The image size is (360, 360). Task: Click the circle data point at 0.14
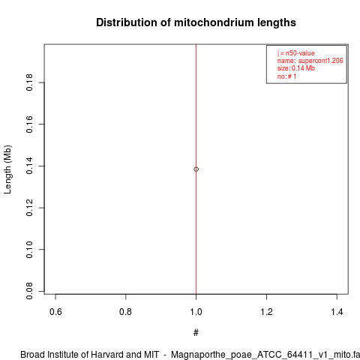196,169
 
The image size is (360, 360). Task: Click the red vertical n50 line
196,169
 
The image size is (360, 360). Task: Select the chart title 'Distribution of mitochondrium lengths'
196,22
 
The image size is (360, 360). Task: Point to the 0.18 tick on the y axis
29,82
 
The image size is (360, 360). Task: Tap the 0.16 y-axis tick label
29,124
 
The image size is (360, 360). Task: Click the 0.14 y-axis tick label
29,166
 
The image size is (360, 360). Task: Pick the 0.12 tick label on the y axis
29,208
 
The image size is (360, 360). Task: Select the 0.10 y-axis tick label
29,250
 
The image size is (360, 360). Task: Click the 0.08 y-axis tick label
29,291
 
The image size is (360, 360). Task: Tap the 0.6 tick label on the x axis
55,312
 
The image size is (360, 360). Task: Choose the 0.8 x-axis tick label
125,312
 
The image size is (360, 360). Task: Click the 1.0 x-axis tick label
196,312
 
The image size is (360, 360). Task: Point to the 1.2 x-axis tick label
267,312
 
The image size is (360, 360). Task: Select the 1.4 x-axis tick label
337,312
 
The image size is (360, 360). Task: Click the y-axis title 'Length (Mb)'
7,169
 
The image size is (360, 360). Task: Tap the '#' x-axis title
196,333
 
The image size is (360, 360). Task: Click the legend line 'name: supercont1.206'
310,61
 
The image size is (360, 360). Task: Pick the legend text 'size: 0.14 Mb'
295,68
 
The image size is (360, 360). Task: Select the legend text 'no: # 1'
286,76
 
